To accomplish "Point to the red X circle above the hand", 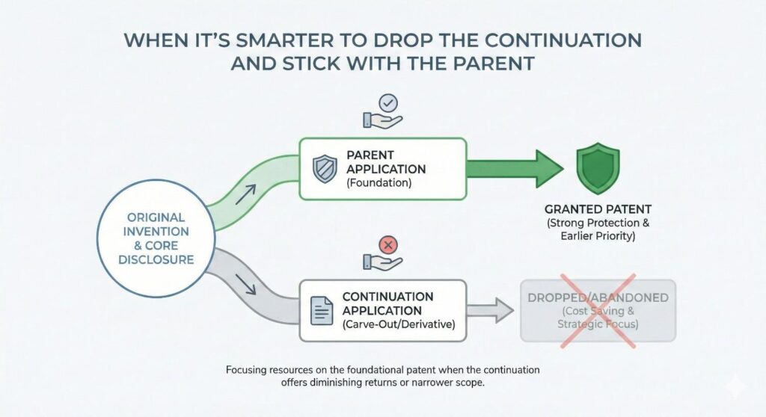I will point(387,244).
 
